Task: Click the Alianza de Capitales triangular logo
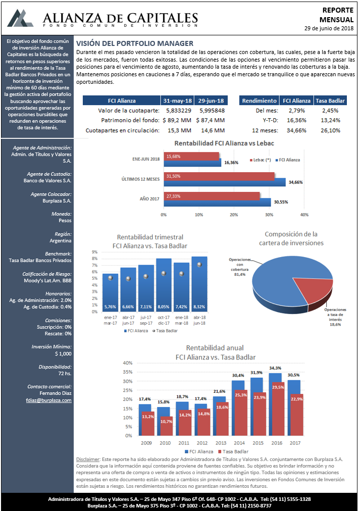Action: pos(20,18)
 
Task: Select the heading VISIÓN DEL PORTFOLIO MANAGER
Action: pos(135,43)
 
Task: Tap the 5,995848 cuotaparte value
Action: pos(212,111)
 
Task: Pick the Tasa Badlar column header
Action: pos(330,100)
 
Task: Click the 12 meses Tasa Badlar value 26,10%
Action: pos(330,130)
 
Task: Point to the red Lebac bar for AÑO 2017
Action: pos(212,196)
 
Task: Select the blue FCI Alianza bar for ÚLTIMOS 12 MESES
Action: pos(225,182)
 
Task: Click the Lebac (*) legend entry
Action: pos(261,160)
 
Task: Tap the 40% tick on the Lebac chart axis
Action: pos(304,215)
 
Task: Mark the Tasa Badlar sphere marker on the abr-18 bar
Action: pos(199,265)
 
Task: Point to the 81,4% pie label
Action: pos(240,274)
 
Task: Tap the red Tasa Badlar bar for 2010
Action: pos(166,426)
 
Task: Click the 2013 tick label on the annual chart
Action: pos(221,443)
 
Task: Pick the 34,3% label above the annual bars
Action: pos(275,368)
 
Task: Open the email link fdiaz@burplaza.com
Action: pos(49,400)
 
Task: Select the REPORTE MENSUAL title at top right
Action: pos(337,15)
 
